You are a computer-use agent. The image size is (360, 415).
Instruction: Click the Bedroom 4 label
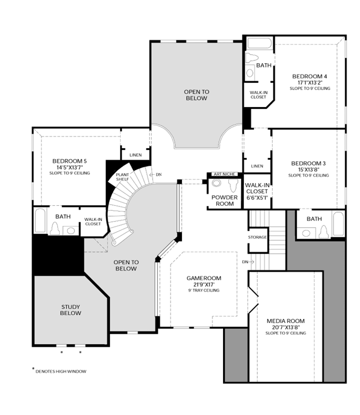click(x=309, y=77)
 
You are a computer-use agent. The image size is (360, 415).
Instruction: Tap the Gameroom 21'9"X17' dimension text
click(x=204, y=285)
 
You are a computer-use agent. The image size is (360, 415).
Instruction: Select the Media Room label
click(x=286, y=321)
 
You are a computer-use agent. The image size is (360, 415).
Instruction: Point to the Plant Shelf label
click(x=122, y=177)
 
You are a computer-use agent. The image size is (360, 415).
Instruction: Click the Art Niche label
click(x=224, y=174)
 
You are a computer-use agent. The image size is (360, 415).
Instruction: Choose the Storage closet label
click(x=257, y=237)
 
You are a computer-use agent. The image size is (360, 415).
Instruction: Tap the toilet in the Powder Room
click(x=233, y=186)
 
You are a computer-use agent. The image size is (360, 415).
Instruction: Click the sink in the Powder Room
click(x=216, y=183)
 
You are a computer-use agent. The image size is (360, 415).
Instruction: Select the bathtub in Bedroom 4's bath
click(x=260, y=43)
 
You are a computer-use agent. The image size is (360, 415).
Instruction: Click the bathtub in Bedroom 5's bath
click(x=40, y=220)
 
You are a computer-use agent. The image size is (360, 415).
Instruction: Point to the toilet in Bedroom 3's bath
click(x=324, y=232)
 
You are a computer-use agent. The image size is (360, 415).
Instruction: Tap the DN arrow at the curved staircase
click(x=152, y=175)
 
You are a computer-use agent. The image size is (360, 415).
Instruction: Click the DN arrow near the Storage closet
click(x=251, y=262)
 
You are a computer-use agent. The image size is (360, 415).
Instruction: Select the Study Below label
click(x=70, y=310)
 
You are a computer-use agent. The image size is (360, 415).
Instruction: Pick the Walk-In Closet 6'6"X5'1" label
click(x=257, y=191)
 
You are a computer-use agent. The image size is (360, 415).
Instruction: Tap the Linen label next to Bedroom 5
click(x=135, y=155)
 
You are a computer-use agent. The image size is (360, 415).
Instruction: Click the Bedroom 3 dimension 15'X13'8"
click(x=308, y=170)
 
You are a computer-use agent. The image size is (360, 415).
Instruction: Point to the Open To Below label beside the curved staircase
click(x=126, y=265)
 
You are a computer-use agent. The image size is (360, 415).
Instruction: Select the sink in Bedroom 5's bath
click(x=71, y=231)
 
